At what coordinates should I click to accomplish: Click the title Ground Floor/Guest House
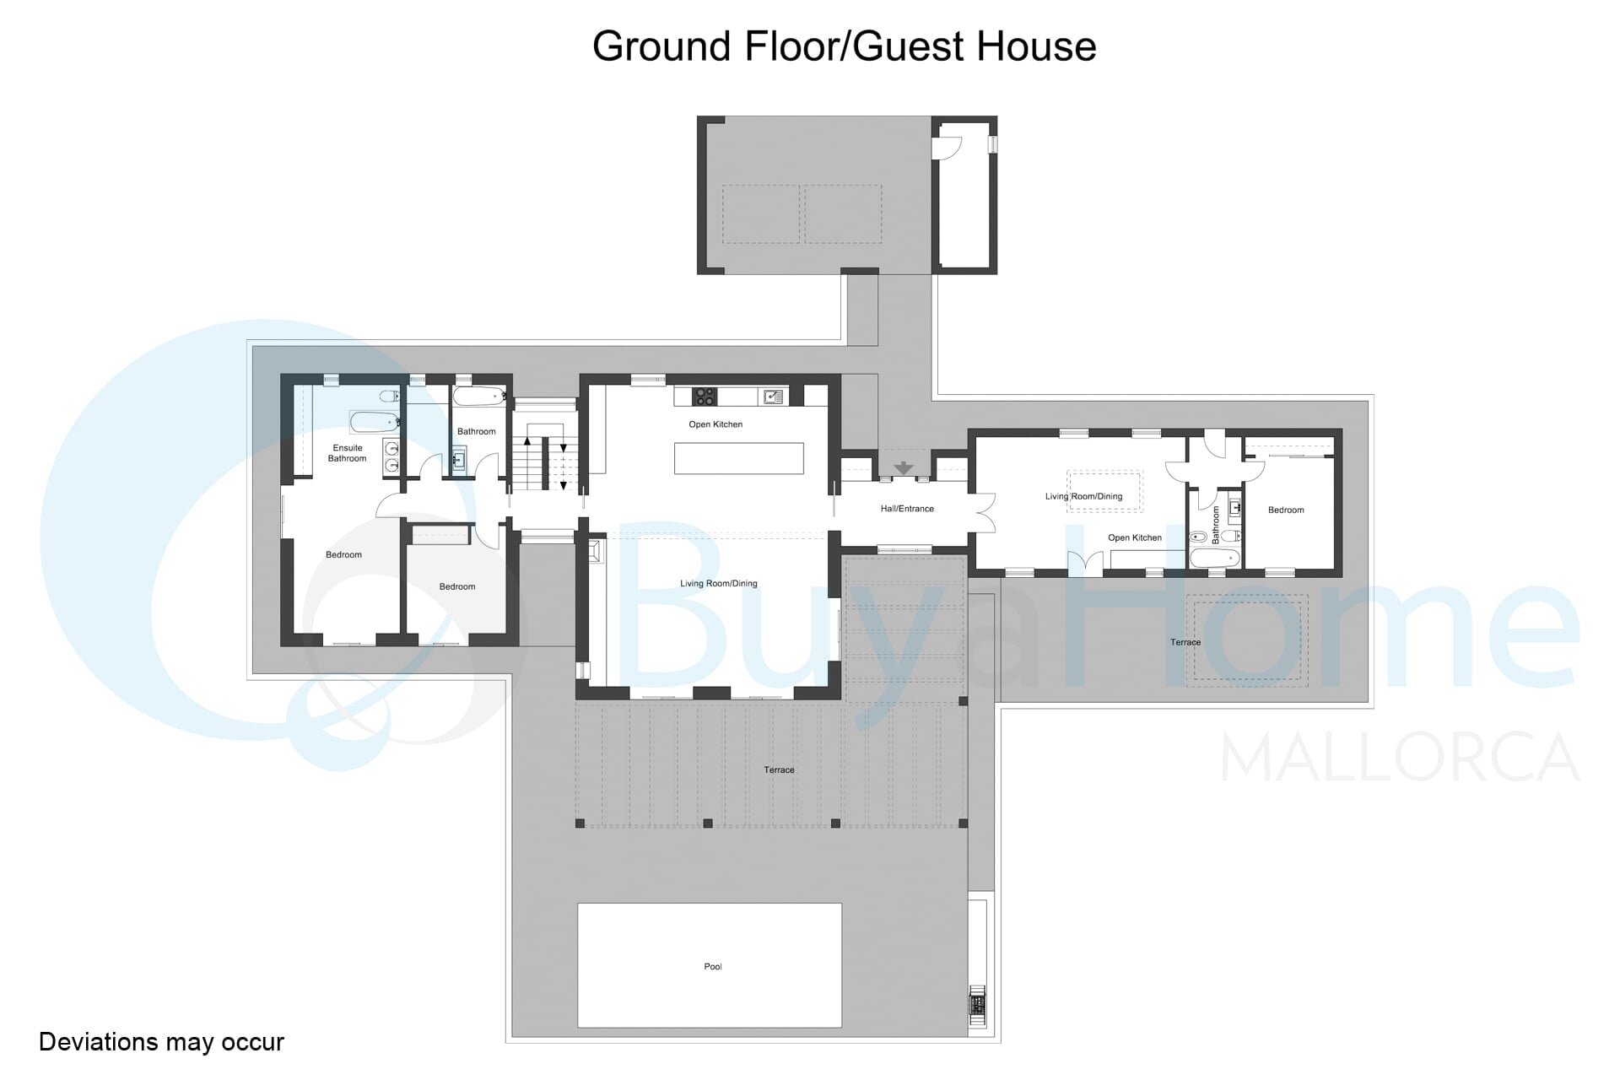tap(844, 46)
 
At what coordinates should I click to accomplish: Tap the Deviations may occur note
tap(161, 1042)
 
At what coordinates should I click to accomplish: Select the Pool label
tap(713, 967)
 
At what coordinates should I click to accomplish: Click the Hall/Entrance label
tap(907, 509)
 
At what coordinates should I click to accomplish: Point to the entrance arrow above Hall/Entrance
tap(904, 468)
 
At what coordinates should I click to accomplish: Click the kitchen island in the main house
tap(738, 458)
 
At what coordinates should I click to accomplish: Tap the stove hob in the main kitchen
tap(705, 397)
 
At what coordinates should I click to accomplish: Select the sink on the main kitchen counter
tap(773, 396)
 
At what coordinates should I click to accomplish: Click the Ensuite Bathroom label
tap(348, 453)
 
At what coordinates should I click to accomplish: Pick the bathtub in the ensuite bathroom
tap(375, 422)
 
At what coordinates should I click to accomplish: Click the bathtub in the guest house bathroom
tap(1215, 558)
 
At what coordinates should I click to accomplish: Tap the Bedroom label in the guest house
tap(1286, 510)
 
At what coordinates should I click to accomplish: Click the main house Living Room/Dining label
tap(719, 584)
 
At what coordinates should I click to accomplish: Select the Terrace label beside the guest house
tap(1185, 642)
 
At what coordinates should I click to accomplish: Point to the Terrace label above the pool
tap(779, 769)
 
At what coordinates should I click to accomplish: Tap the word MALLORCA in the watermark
tap(1401, 758)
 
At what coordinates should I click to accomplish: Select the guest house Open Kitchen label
tap(1135, 537)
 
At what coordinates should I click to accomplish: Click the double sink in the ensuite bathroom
tap(391, 456)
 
